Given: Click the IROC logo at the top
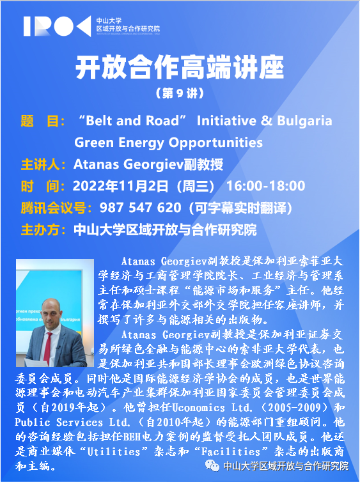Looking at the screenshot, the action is [58, 26].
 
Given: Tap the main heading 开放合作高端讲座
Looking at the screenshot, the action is [180, 68].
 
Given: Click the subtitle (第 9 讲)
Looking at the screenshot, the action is [180, 94].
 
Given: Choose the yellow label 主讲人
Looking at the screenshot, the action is [40, 164].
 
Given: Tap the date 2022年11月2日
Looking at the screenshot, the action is [120, 186].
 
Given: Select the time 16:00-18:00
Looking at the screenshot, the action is [265, 186].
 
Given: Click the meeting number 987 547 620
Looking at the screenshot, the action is [140, 208].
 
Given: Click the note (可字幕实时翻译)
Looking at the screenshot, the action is [240, 208].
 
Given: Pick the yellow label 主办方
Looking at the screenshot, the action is [40, 230].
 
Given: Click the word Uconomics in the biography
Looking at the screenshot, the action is [198, 408].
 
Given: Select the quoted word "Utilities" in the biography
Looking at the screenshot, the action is [114, 452].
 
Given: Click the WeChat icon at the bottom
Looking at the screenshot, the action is [212, 466].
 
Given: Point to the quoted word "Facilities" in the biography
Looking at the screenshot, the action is [231, 452].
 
